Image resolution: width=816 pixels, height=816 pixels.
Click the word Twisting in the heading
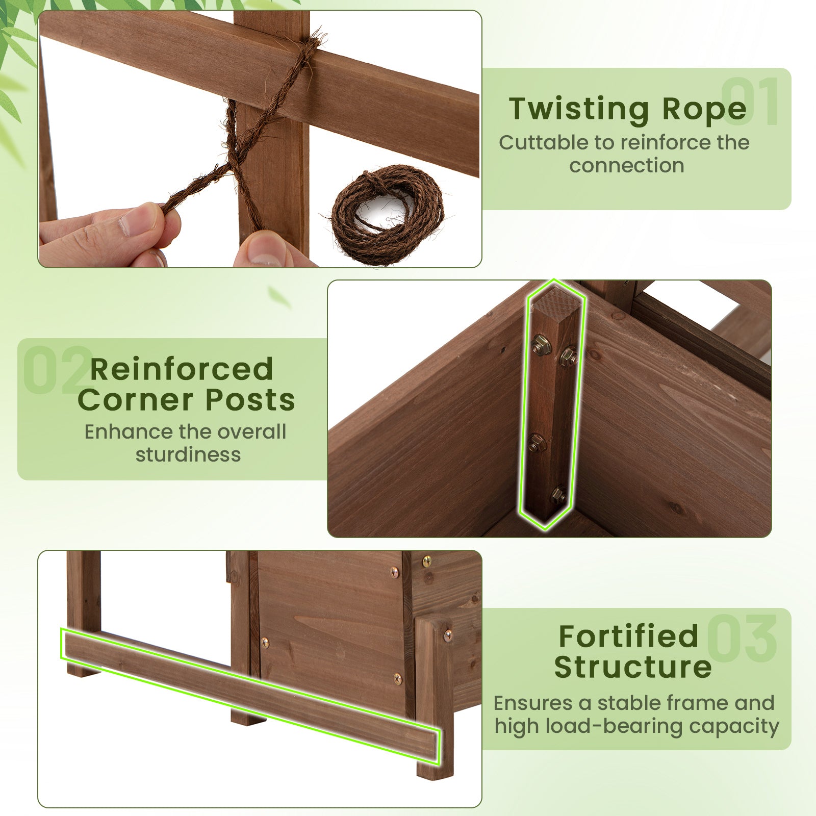(579, 109)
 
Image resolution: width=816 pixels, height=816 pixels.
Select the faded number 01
(750, 102)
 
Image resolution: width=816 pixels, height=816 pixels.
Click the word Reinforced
(182, 369)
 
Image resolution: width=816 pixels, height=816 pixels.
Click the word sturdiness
(188, 454)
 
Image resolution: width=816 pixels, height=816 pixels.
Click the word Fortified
(628, 636)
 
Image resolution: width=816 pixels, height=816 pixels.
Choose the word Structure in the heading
(632, 667)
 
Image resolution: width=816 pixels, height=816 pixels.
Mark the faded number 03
(742, 637)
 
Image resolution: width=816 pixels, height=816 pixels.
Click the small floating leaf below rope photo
(279, 296)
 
